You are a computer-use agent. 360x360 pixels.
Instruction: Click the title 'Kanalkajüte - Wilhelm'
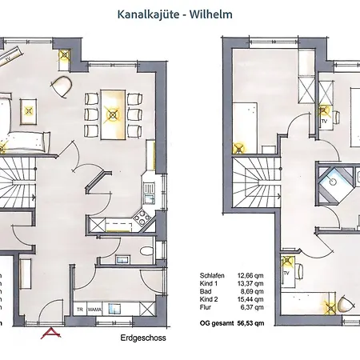180,13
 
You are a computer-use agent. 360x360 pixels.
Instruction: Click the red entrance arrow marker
51,333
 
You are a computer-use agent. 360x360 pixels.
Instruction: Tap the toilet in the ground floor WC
145,252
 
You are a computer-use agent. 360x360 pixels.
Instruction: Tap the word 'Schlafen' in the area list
213,275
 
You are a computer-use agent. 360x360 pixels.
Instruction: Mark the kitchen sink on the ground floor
148,189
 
